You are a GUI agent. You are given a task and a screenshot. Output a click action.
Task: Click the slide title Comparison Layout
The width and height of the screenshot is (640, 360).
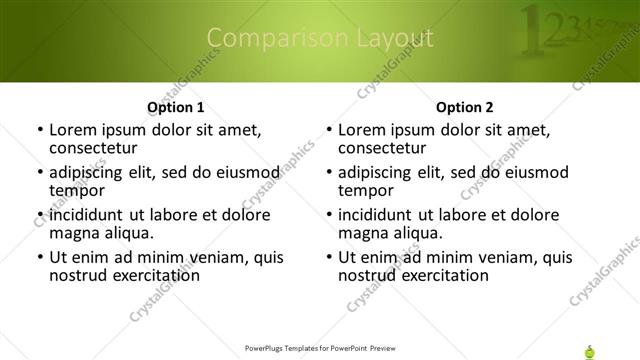click(x=320, y=39)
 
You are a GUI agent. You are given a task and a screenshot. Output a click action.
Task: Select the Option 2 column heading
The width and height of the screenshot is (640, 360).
click(x=465, y=106)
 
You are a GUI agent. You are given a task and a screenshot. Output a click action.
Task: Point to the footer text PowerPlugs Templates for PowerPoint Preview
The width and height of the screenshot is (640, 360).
click(x=320, y=349)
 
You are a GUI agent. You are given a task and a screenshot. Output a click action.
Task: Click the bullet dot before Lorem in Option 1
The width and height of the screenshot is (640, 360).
click(x=40, y=131)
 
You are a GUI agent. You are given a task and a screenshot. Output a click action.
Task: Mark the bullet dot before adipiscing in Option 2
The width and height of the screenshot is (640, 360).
click(x=329, y=173)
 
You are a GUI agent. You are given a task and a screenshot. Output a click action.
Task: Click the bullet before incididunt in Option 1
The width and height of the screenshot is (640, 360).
click(x=40, y=215)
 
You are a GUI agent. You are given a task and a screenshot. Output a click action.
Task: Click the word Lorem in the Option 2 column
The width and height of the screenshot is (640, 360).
click(x=363, y=130)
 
